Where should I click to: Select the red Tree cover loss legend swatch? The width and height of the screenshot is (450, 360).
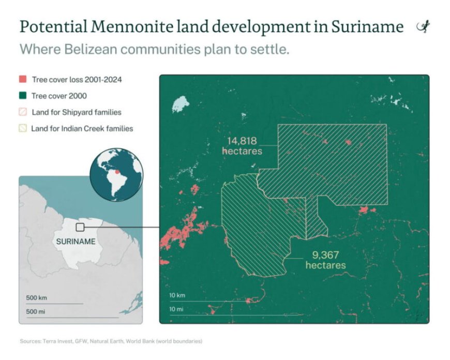click(23, 80)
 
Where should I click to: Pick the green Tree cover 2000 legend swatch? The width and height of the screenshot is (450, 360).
click(23, 96)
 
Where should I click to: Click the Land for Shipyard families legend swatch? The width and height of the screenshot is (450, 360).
click(23, 112)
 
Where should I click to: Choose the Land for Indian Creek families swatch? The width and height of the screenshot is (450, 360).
click(23, 128)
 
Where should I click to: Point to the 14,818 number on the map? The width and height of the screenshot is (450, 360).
click(242, 141)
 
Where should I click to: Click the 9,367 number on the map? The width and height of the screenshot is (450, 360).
click(325, 255)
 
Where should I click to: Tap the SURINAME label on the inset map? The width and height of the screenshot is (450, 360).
click(76, 241)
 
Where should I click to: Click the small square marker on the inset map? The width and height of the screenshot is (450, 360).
click(80, 227)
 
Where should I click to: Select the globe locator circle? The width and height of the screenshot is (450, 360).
click(116, 176)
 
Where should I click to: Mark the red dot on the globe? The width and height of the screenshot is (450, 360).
click(117, 168)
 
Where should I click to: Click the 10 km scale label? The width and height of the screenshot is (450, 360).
click(177, 295)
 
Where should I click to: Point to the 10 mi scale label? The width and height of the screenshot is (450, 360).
click(176, 309)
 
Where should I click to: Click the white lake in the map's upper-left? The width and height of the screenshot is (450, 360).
click(181, 104)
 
